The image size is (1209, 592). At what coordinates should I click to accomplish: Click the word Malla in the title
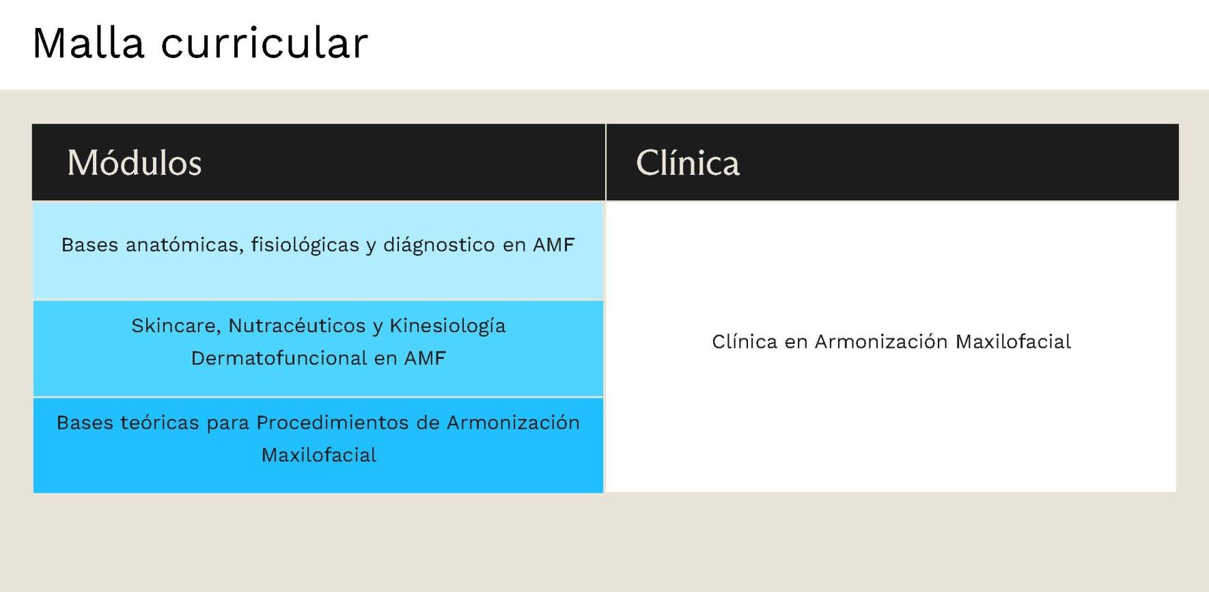89,43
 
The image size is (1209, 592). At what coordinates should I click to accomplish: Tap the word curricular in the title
264,43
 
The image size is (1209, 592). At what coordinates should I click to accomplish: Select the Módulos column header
135,163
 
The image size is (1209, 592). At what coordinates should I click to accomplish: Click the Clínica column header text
687,163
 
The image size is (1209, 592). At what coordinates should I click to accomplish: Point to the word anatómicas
184,245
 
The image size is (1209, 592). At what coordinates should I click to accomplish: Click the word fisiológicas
305,245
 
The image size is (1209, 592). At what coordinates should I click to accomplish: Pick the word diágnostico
439,245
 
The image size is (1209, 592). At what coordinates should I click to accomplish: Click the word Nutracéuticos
297,325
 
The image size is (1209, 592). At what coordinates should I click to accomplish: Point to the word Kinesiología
447,326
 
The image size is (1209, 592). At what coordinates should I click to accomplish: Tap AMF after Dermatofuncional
425,358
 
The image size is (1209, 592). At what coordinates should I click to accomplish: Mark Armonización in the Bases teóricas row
513,422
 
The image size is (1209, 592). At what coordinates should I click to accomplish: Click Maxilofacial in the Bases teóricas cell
319,455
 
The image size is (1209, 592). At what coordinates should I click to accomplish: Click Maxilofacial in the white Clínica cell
1013,341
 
